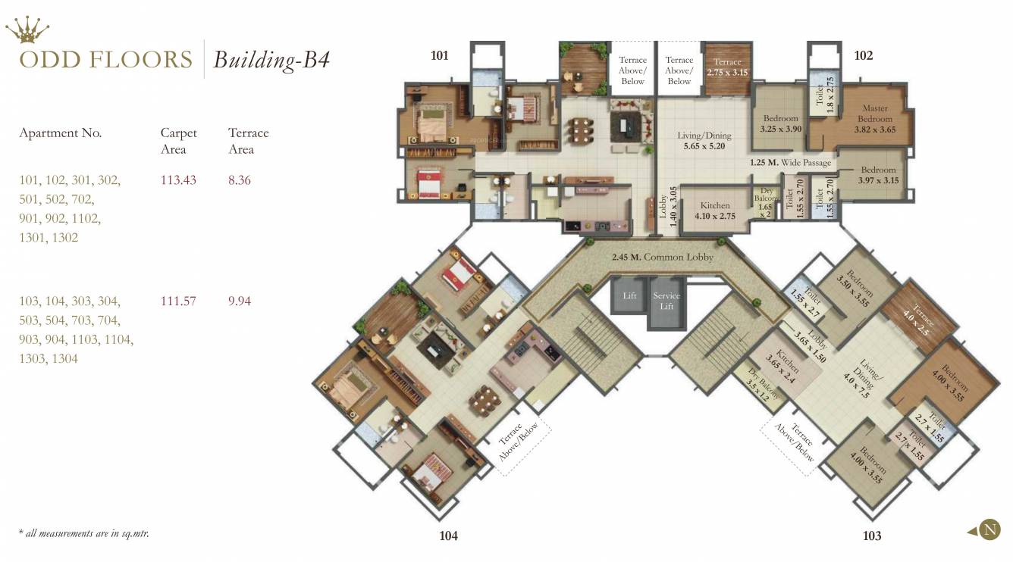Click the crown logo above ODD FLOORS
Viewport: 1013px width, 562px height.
tap(27, 30)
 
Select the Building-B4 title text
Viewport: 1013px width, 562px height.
tap(271, 60)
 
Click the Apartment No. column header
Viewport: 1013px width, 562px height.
tap(60, 133)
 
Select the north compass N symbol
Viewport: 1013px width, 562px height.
tap(989, 529)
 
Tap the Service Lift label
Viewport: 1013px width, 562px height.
tap(666, 301)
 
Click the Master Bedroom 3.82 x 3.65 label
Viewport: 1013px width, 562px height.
tap(874, 119)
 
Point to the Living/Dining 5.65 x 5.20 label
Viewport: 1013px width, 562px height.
tap(704, 141)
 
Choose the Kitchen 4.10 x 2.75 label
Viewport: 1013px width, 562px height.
tap(714, 211)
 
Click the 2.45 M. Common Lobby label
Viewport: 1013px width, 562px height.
tap(663, 257)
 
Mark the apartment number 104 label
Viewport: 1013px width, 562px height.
tap(448, 535)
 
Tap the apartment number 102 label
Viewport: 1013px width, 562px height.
tap(863, 55)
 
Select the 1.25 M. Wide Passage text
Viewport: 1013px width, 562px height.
tap(790, 163)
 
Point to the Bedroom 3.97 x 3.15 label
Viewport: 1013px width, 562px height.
tap(878, 175)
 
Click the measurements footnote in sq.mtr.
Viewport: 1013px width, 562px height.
tap(83, 533)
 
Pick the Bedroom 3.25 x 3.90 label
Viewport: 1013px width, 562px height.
tap(780, 123)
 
